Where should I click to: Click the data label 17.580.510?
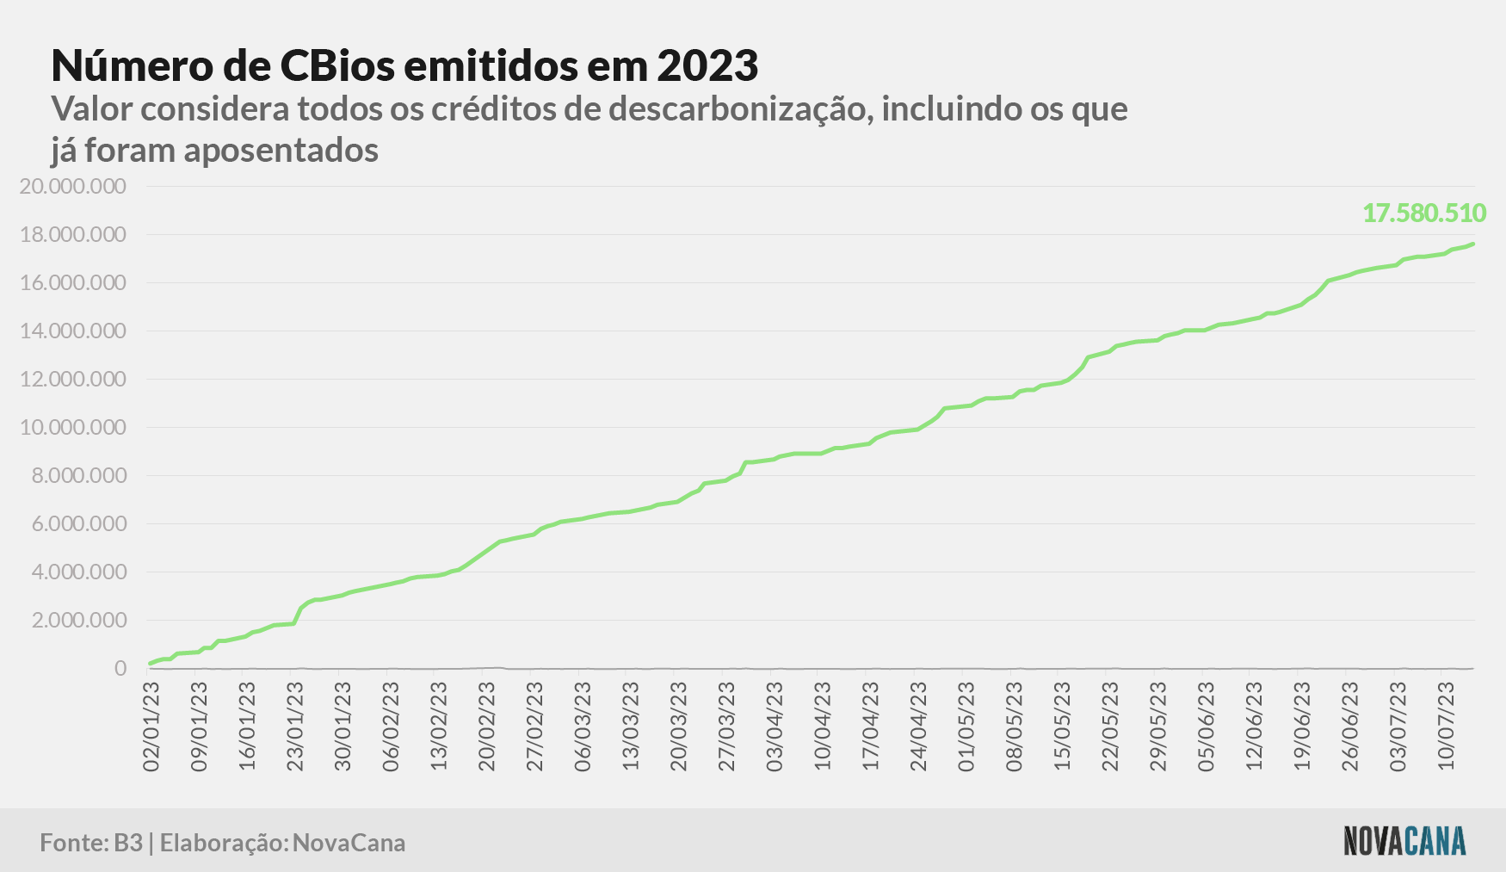(x=1424, y=213)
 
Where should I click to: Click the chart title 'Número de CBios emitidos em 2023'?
(x=404, y=65)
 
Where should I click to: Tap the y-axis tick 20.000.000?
(x=73, y=187)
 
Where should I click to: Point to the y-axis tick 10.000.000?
(x=73, y=428)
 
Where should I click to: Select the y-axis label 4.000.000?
(x=79, y=572)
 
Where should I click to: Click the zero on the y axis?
(x=120, y=669)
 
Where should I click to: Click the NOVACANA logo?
(x=1404, y=841)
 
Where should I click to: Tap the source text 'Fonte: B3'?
(x=91, y=843)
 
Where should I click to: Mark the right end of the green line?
(x=1473, y=244)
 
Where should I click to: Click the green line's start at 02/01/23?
(x=151, y=663)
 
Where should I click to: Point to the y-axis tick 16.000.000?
(x=73, y=283)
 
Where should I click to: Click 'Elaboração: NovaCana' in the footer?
(x=283, y=843)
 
